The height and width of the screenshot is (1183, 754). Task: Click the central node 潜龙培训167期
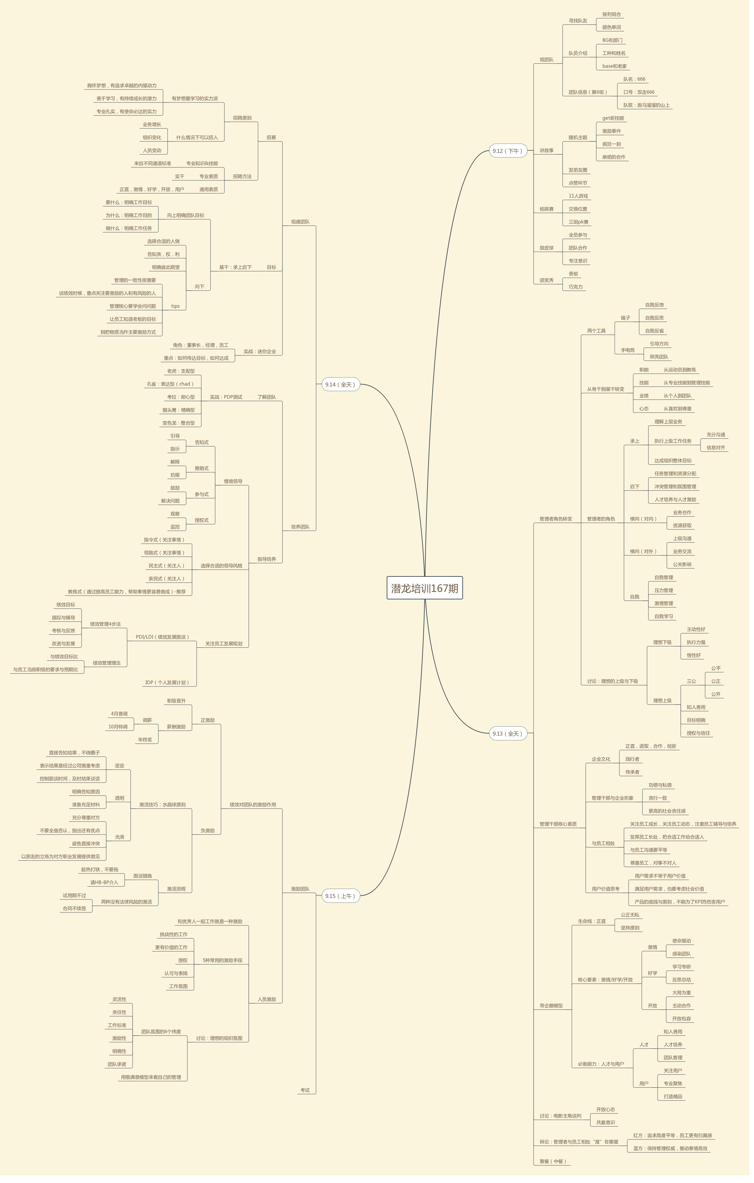point(425,588)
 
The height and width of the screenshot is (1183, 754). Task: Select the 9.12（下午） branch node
point(507,151)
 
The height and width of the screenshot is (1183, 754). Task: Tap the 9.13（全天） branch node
point(507,733)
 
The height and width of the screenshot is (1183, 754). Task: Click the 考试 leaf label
point(305,1090)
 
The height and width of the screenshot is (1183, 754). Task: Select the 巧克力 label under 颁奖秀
point(576,287)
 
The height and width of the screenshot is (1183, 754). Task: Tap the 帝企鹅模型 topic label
point(551,1006)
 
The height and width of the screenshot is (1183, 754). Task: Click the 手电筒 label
point(628,350)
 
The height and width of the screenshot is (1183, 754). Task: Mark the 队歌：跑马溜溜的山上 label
point(646,105)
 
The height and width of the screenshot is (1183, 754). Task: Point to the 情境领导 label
point(233,482)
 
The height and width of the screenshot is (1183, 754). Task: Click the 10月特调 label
point(118,727)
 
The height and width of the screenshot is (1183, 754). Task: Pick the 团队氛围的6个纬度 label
point(161,1032)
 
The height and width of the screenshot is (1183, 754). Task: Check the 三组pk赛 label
point(579,222)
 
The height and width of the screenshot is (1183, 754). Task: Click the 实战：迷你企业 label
point(260,352)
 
